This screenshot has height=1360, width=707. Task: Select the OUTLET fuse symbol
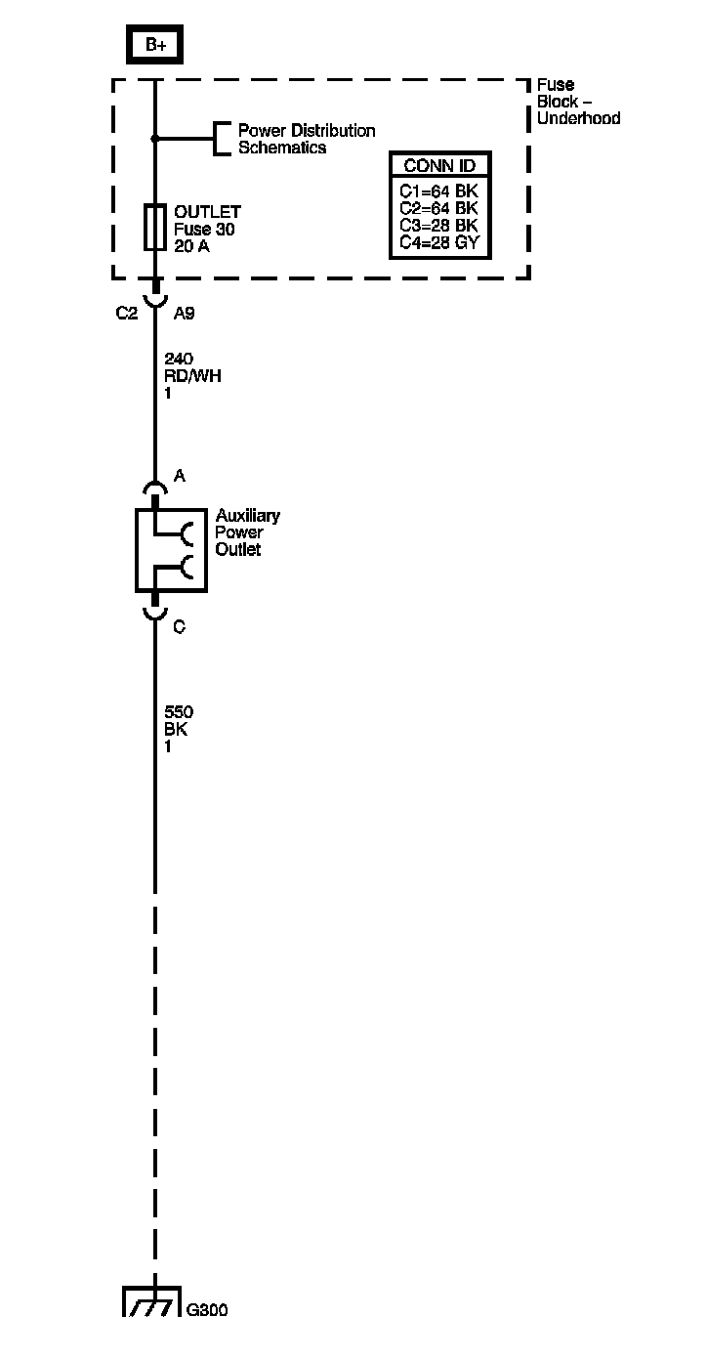click(154, 228)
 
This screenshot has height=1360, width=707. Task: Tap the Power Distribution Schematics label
click(306, 139)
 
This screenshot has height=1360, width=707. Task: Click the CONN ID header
click(439, 165)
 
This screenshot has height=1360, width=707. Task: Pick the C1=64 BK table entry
click(438, 190)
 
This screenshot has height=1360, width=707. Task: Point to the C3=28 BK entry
click(438, 226)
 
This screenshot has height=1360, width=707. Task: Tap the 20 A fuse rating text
click(191, 246)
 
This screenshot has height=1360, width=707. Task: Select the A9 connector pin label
click(186, 314)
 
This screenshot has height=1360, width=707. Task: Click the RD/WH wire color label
click(192, 376)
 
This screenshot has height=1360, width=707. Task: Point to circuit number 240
click(179, 359)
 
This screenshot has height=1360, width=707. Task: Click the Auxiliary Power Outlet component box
click(171, 549)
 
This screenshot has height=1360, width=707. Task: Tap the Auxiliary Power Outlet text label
click(247, 532)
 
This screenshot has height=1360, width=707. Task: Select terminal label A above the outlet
click(180, 476)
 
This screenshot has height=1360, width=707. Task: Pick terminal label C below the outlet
click(179, 627)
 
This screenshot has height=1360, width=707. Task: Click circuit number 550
click(179, 712)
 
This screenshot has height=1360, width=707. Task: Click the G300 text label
click(207, 1310)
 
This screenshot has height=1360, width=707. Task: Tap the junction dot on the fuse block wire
click(154, 139)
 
